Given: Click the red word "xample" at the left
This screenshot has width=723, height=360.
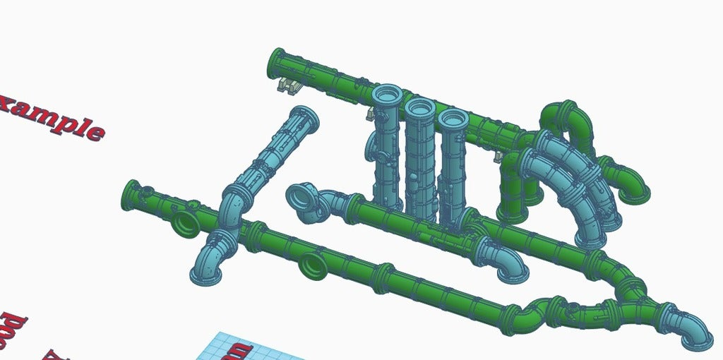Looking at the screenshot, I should tap(53, 119).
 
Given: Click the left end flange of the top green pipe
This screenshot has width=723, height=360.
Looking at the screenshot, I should tap(275, 64).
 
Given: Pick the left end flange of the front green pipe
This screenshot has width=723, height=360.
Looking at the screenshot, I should tap(131, 195).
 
